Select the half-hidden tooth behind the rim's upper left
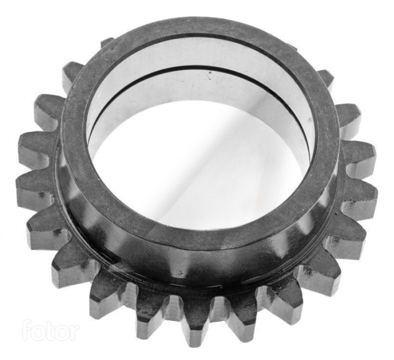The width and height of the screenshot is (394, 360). [107, 43]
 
